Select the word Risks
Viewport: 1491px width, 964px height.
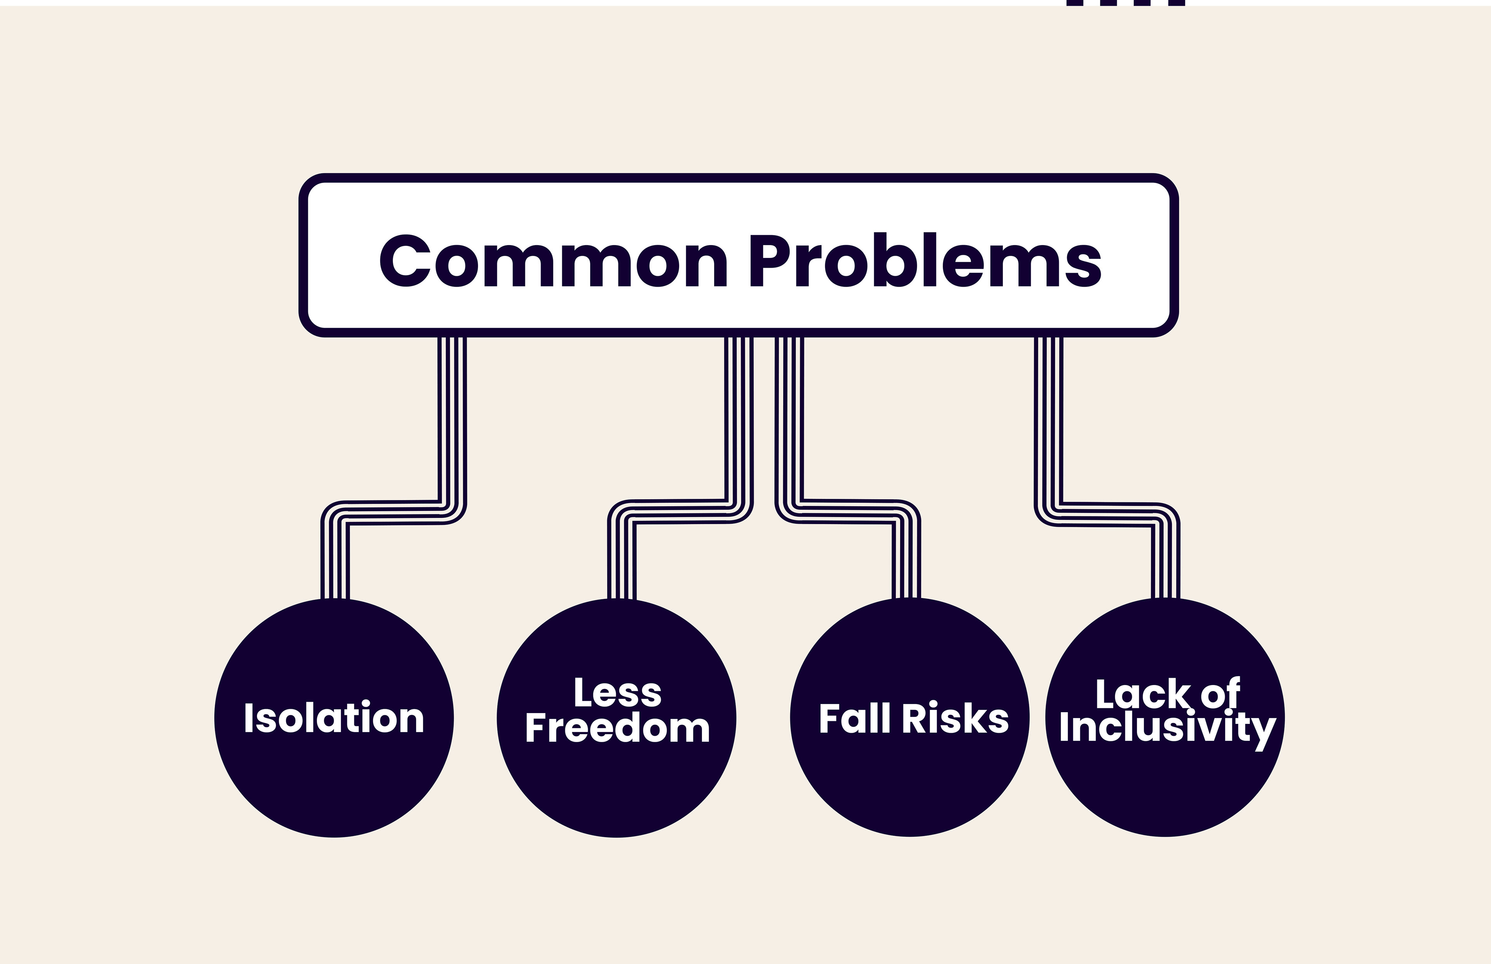(x=956, y=718)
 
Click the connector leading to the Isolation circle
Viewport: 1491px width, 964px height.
(x=452, y=426)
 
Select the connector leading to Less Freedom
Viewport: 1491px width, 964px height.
(x=739, y=426)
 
